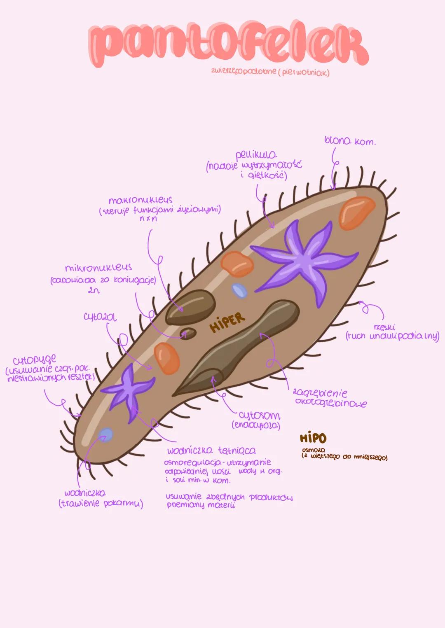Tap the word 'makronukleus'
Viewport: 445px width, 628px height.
click(140, 201)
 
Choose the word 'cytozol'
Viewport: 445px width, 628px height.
click(100, 318)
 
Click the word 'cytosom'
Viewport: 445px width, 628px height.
click(259, 416)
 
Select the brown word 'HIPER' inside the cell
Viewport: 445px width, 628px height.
click(227, 321)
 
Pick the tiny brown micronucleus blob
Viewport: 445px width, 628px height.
click(189, 333)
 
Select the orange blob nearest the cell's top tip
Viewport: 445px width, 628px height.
click(356, 212)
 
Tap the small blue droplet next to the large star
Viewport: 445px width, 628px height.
click(239, 291)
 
